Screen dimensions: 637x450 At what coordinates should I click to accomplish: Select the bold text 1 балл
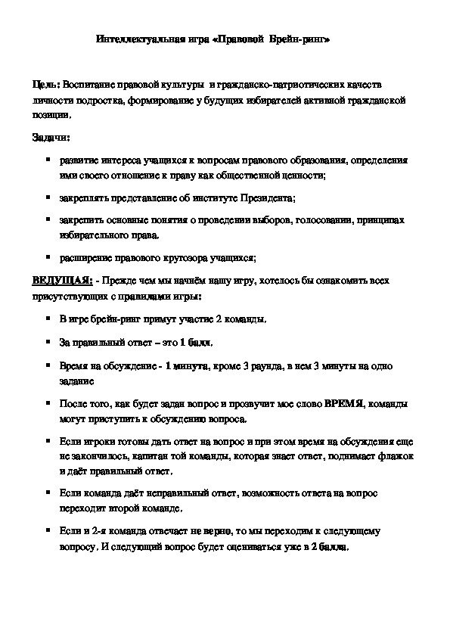pos(194,342)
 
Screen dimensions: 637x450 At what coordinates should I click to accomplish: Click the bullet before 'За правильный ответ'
pos(48,341)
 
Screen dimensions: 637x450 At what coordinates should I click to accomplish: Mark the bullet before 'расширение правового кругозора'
pos(48,256)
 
